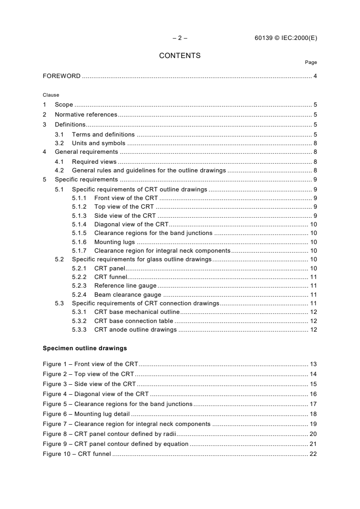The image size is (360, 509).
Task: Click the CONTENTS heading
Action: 180,56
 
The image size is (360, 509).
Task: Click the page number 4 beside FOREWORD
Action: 315,76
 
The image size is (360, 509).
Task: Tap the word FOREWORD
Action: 62,76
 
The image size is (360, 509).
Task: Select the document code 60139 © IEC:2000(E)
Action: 286,38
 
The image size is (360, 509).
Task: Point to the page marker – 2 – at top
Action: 180,38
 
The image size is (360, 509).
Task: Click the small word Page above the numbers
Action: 311,63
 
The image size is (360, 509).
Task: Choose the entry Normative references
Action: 86,115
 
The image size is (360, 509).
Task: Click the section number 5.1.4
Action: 79,224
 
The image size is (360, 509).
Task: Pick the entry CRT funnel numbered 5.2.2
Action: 111,277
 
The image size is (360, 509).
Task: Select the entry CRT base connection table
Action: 134,321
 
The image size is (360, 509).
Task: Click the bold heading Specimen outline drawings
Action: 84,349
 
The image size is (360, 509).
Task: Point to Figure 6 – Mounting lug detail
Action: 86,414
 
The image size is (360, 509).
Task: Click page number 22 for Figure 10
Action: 313,454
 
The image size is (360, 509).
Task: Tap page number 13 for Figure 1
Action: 313,364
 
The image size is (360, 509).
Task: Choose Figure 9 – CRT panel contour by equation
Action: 115,444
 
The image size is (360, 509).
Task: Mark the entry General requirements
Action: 86,152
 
